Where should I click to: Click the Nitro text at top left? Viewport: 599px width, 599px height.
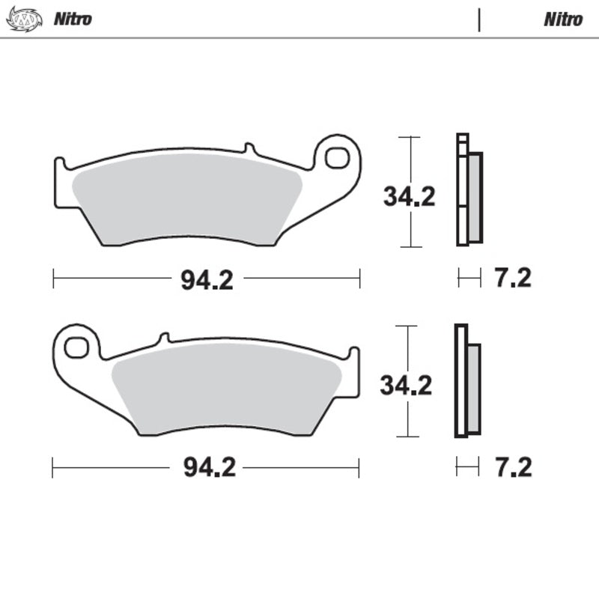72,19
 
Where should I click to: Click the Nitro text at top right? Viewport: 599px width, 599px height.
562,19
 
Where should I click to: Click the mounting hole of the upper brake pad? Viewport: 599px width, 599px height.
337,158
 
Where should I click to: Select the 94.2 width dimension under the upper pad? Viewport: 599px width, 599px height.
207,280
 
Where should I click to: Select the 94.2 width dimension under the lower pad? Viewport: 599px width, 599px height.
207,468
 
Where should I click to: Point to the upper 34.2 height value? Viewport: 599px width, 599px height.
409,197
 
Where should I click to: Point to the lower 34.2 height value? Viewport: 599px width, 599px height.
406,386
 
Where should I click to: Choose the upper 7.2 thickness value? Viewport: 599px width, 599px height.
512,279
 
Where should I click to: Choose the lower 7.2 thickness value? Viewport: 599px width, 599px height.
512,468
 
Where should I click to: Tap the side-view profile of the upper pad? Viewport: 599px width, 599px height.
469,191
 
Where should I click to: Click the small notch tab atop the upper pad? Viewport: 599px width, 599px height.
249,149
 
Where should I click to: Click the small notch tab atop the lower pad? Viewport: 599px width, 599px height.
164,338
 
